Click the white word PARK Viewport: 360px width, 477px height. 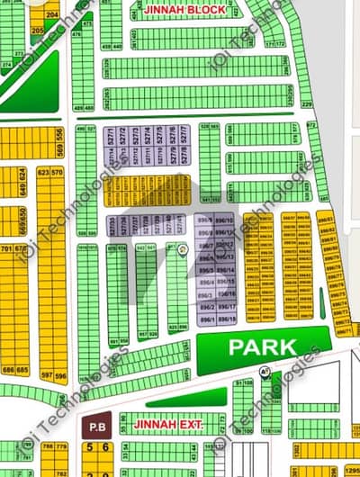(262, 346)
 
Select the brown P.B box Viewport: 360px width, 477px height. (94, 423)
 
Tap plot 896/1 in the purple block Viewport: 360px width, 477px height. (205, 319)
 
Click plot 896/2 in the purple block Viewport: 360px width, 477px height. (205, 307)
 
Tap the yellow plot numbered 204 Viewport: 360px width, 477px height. (53, 15)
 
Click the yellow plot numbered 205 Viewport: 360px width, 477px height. (37, 30)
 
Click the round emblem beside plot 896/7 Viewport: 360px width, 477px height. (183, 247)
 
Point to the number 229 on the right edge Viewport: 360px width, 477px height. (307, 105)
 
